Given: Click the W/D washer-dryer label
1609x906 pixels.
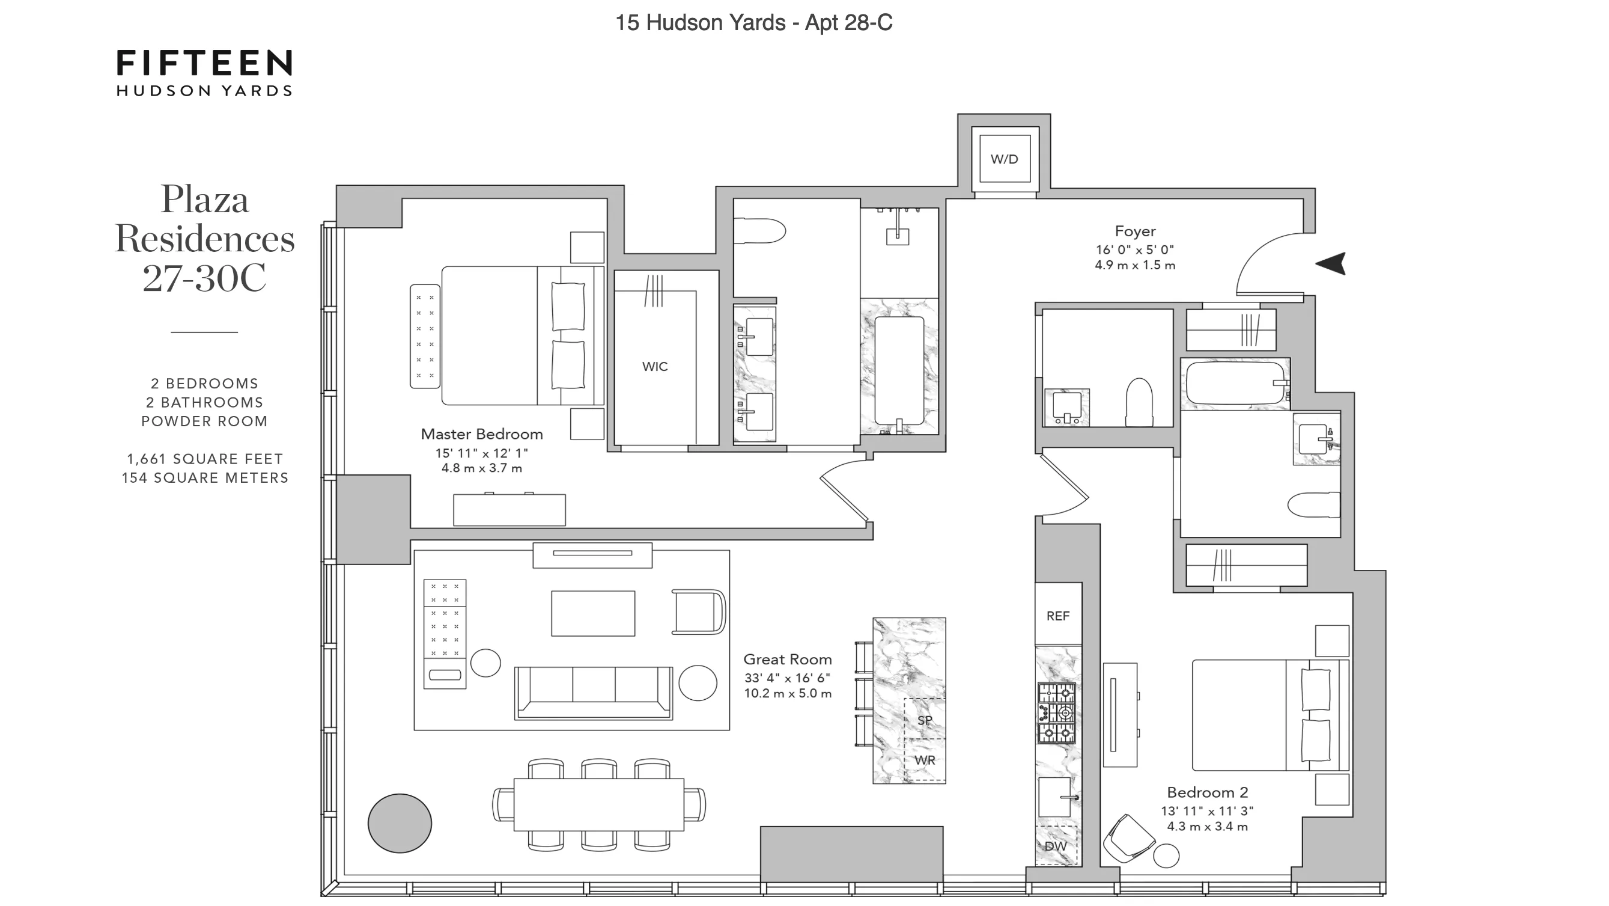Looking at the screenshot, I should (1004, 159).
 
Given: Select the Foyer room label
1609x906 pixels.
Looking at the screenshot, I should (1135, 231).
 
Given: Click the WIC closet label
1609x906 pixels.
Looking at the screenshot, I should (654, 367).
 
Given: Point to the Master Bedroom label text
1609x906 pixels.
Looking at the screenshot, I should (482, 434).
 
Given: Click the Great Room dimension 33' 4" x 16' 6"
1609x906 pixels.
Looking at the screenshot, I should (787, 678).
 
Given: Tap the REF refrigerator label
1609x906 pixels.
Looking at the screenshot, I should (1057, 616).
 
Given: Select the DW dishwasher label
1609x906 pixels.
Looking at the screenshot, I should (1055, 846).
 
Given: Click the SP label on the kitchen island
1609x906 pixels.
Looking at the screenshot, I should (925, 720).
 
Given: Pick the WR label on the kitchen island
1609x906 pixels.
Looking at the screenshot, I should (925, 761).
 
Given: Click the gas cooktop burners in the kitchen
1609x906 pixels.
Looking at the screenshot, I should (1057, 713).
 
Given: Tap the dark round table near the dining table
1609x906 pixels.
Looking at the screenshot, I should (400, 823).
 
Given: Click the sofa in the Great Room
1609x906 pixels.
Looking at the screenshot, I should (594, 693).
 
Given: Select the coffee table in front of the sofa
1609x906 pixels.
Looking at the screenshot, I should (593, 614).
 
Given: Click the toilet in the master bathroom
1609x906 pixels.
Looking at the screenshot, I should (759, 231).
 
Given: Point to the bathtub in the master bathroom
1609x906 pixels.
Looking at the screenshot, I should (899, 370).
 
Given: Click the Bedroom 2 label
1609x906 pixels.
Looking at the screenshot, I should (1206, 792).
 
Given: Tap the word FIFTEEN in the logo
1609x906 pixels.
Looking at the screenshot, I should (204, 64).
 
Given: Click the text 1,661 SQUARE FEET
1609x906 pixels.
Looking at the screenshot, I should (205, 459).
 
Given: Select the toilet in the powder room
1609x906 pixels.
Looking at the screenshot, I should (1139, 401).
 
